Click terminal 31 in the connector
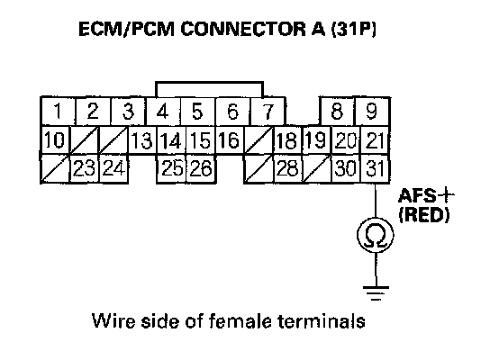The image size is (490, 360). tap(375, 168)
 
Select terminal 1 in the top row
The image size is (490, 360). tap(58, 112)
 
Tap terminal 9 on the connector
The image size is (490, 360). tap(372, 112)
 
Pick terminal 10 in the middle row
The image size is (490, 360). tap(55, 139)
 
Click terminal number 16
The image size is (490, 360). tap(230, 139)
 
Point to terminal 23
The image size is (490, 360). tap(85, 168)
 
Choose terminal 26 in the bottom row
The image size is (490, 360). tap(201, 168)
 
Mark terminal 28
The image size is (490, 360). tap(287, 168)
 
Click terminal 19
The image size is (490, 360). tap(316, 139)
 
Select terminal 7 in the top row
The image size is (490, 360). tap(268, 112)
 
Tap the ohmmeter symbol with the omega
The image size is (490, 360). tap(376, 235)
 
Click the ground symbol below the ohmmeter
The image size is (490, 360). tap(376, 292)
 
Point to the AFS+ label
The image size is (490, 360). tap(427, 196)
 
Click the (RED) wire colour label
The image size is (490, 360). tap(424, 215)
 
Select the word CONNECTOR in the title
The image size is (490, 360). tap(244, 29)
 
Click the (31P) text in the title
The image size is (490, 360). tap(353, 29)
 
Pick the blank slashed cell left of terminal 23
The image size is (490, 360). tap(55, 168)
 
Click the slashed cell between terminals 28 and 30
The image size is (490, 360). tap(316, 168)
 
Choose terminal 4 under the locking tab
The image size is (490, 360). tap(162, 112)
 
